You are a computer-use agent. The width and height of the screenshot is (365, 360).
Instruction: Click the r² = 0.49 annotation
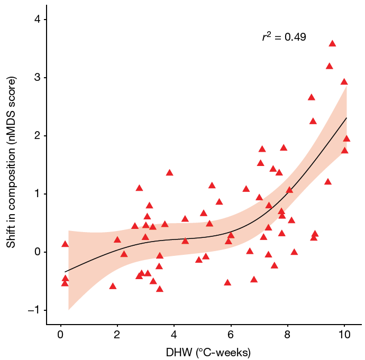284,38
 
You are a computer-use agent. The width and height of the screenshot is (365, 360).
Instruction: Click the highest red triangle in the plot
332,44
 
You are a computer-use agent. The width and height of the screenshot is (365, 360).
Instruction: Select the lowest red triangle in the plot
159,289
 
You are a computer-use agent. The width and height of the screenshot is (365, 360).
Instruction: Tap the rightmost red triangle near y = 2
346,139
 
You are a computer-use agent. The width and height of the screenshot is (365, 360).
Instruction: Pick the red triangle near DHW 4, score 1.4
169,173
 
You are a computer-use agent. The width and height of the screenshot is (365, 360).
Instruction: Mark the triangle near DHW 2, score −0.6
113,286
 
